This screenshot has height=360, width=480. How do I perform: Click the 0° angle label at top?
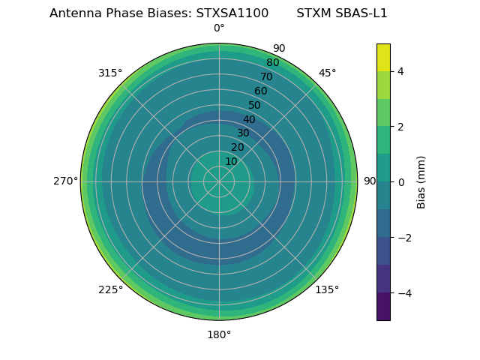click(x=219, y=28)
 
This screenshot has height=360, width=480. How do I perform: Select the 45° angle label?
click(x=327, y=73)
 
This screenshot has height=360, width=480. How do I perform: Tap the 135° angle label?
click(x=327, y=289)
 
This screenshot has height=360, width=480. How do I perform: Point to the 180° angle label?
click(x=219, y=334)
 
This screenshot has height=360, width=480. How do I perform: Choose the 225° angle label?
click(x=110, y=289)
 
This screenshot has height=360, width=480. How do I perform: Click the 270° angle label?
click(x=65, y=181)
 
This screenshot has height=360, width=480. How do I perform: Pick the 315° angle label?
click(x=110, y=73)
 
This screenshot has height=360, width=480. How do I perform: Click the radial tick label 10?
click(x=231, y=161)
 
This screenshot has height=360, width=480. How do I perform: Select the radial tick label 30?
click(x=243, y=133)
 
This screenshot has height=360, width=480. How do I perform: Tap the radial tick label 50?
click(x=255, y=106)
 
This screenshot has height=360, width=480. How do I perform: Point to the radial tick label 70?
click(x=267, y=77)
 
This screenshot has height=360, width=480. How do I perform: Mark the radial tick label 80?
click(x=272, y=63)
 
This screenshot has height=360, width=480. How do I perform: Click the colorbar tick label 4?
click(x=400, y=71)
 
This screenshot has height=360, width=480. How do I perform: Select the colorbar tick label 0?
click(x=400, y=182)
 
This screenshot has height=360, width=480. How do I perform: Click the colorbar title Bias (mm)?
click(x=421, y=181)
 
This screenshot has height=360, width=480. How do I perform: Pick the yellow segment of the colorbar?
click(x=383, y=57)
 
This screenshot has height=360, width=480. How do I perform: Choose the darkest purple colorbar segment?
click(x=383, y=307)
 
